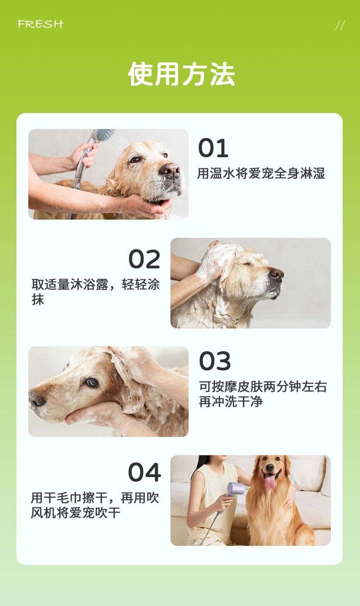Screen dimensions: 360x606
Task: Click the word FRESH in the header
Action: coord(40,24)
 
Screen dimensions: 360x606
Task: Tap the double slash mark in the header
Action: coord(340,26)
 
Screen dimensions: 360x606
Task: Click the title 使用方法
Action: coord(181,74)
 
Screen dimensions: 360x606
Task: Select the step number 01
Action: coord(213,148)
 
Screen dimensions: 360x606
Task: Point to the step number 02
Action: coord(144,259)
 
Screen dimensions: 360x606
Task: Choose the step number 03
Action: coord(215,361)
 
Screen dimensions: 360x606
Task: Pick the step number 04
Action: coord(144,472)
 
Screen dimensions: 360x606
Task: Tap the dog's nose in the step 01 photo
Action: coord(170,170)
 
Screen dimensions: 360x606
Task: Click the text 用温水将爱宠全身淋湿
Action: coord(261,173)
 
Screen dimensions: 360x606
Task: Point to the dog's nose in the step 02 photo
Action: coord(276,274)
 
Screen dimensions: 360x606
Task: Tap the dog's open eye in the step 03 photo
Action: coord(92,382)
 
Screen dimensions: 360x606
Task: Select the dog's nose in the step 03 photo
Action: coord(37,400)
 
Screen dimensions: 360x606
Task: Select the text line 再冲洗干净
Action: coord(230,401)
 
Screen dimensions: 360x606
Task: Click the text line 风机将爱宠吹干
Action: coord(75,512)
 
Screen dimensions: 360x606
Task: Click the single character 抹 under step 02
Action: coord(37,300)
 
